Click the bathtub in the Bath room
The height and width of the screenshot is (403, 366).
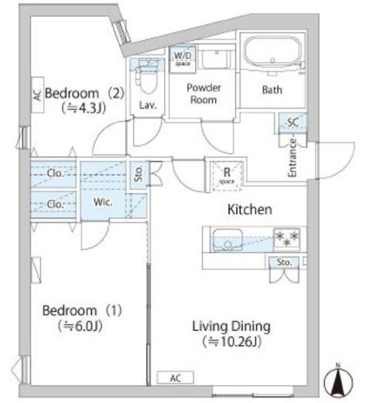click(x=272, y=54)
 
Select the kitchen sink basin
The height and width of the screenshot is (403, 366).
click(x=227, y=239)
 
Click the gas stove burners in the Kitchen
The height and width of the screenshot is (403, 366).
click(x=287, y=239)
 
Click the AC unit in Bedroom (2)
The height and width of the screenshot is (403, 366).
click(x=37, y=95)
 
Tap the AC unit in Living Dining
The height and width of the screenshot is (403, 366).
click(x=176, y=378)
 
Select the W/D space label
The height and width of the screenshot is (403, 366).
click(x=183, y=58)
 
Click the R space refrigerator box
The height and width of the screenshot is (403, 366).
click(x=227, y=176)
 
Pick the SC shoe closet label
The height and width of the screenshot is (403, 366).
click(x=292, y=122)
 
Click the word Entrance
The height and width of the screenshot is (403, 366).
click(x=292, y=158)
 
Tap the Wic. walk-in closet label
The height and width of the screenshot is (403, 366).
click(x=103, y=202)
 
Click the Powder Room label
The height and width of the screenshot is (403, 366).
click(x=204, y=94)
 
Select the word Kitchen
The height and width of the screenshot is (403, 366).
click(x=250, y=209)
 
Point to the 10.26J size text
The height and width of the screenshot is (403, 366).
click(x=231, y=342)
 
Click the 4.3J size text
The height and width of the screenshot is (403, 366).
click(x=84, y=108)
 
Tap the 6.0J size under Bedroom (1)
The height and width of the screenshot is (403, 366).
click(x=80, y=326)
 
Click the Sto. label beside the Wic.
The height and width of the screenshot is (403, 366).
click(x=139, y=174)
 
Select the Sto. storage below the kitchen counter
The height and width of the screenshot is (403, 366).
click(x=284, y=263)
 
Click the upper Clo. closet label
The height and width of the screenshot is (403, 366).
click(x=55, y=174)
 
